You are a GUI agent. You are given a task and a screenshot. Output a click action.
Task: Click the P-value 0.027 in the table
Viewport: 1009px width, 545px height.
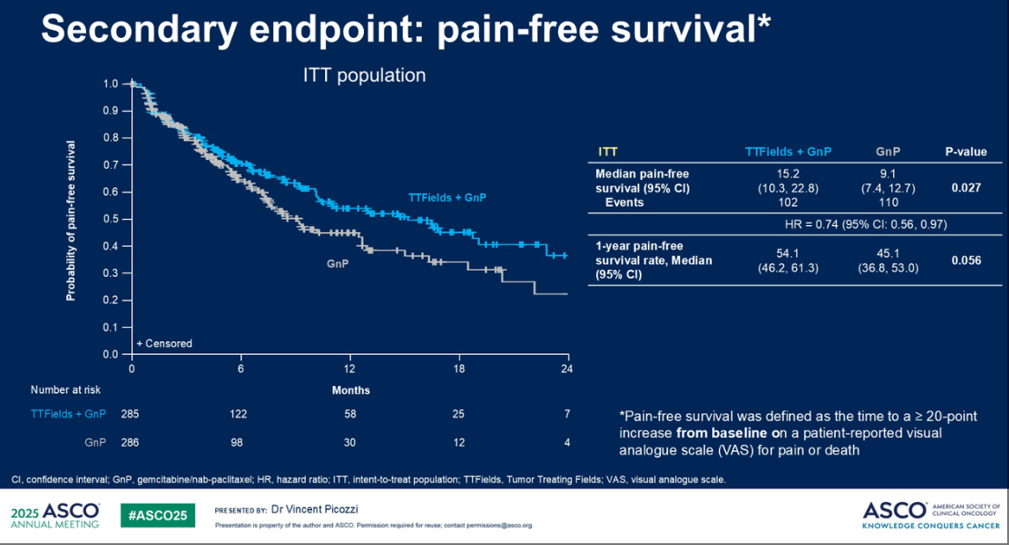tap(966, 187)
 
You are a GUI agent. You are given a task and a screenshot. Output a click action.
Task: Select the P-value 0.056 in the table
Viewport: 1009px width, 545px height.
tap(966, 260)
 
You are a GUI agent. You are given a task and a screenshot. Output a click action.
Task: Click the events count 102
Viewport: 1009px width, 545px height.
tap(788, 202)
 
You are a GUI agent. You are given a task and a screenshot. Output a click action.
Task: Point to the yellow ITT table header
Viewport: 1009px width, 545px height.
tap(607, 151)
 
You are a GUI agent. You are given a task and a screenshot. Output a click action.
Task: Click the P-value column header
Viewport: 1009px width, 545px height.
tap(966, 151)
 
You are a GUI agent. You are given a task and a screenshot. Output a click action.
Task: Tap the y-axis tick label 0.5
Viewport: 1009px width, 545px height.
tap(111, 219)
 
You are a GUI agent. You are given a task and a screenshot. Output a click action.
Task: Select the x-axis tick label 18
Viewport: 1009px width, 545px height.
tap(459, 369)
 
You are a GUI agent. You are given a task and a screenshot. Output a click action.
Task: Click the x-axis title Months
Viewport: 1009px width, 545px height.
tap(351, 390)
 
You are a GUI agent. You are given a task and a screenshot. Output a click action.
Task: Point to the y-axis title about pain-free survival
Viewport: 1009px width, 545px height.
tap(70, 220)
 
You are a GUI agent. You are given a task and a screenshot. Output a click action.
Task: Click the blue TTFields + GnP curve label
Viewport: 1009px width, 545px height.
tap(447, 198)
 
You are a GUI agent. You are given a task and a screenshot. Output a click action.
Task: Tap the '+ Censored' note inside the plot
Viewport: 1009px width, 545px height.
tap(164, 344)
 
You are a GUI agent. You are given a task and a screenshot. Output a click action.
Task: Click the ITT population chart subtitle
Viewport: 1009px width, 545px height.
tap(359, 76)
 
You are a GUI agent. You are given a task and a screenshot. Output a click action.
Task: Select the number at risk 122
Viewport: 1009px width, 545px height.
tap(241, 413)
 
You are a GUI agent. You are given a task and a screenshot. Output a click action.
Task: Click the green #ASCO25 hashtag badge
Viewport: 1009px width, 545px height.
tap(158, 515)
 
